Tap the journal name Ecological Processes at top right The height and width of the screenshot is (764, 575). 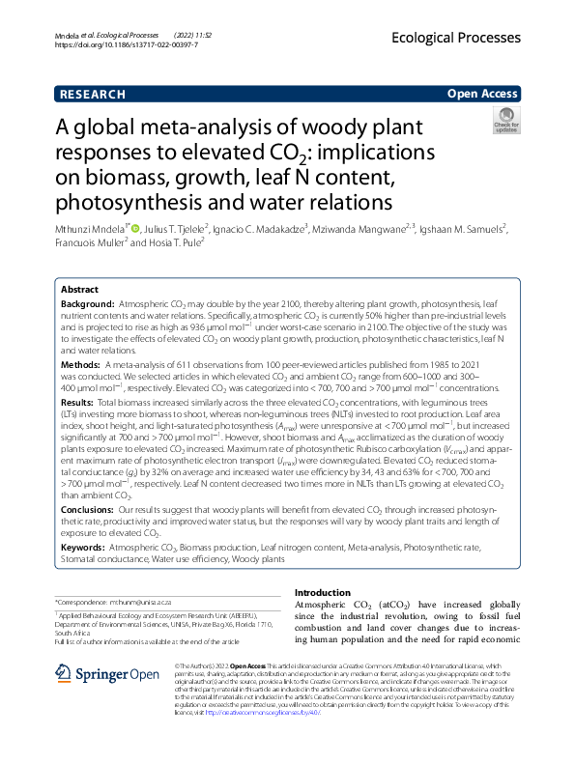tap(457, 38)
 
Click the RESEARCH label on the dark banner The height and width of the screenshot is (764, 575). tap(93, 95)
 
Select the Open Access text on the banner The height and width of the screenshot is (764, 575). tap(483, 95)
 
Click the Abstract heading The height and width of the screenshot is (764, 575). tap(79, 290)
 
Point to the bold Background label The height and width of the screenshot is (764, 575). tap(87, 303)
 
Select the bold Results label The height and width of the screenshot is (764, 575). tap(78, 401)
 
